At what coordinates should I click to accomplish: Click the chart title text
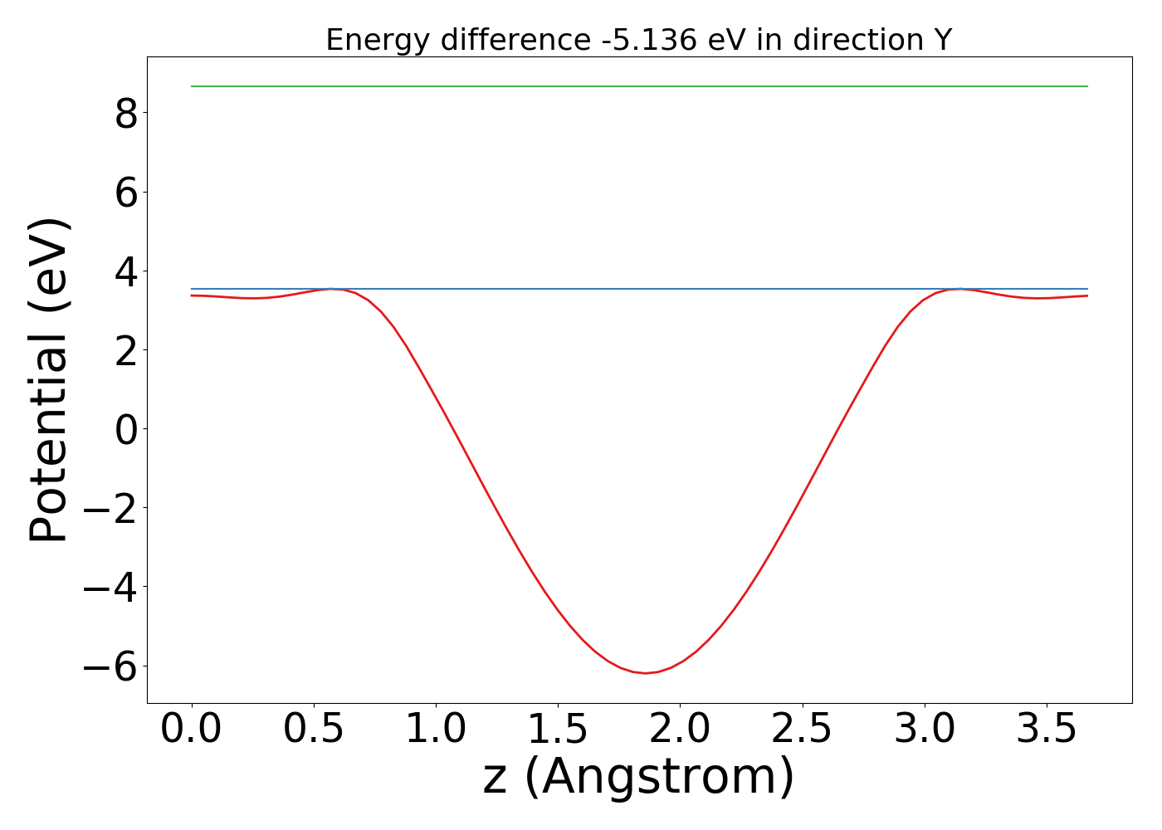[638, 40]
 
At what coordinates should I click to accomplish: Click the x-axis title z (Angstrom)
[638, 778]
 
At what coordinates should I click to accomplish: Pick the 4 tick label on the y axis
[126, 271]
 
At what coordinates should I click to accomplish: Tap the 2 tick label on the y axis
[126, 349]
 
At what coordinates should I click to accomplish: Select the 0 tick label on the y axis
[126, 428]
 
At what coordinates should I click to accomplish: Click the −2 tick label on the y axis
[110, 508]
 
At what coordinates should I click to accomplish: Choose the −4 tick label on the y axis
[110, 587]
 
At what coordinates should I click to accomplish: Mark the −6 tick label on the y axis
[110, 666]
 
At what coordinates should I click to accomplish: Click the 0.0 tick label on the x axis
[191, 729]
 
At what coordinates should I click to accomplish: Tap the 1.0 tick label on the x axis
[435, 729]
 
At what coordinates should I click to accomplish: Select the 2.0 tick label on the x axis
[679, 729]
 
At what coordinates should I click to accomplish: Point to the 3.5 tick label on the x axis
[1045, 729]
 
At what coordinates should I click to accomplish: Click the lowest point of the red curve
[645, 672]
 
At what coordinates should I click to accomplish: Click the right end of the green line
[1086, 86]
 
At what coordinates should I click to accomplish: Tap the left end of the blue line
[193, 289]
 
